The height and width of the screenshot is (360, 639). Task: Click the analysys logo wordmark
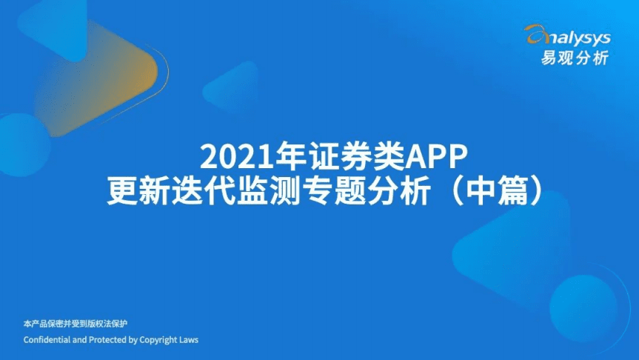point(573,34)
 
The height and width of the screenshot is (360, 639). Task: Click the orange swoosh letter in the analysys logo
point(535,33)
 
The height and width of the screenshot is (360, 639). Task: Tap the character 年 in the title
point(283,156)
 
